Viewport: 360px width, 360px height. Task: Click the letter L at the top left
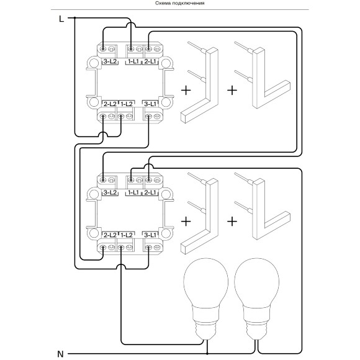click(x=61, y=19)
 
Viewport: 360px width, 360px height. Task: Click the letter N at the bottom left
click(x=60, y=354)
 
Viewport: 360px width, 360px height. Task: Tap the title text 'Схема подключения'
click(x=180, y=3)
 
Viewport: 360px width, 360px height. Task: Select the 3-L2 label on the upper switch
click(x=110, y=61)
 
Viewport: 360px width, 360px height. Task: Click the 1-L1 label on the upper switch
click(x=133, y=61)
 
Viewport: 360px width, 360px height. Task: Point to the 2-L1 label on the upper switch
click(x=150, y=61)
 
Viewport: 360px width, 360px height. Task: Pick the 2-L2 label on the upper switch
click(x=110, y=104)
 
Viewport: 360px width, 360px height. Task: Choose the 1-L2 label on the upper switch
click(x=127, y=104)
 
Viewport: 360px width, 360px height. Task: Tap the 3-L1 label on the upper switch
click(x=150, y=104)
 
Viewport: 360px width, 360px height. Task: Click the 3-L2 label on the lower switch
click(x=110, y=192)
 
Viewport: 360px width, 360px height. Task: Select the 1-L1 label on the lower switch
click(x=133, y=192)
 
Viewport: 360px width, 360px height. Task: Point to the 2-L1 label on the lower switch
click(x=150, y=192)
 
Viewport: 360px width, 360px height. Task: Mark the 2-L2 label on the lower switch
click(x=110, y=235)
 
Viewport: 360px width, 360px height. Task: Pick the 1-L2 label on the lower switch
click(x=127, y=235)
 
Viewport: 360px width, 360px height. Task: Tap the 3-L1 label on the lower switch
click(x=150, y=235)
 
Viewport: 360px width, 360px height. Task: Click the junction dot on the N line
click(x=207, y=354)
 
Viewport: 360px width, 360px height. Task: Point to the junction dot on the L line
click(x=74, y=17)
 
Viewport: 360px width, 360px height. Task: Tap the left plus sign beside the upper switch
click(x=186, y=90)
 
